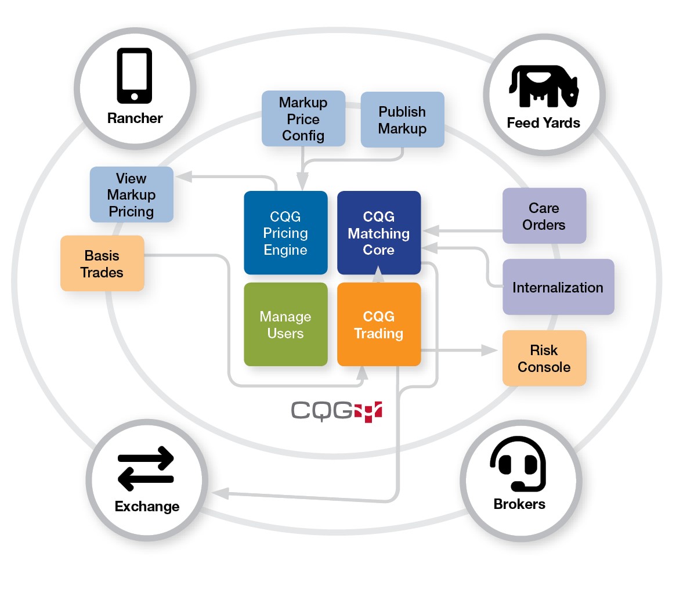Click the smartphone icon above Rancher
(135, 75)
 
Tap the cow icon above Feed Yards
(544, 86)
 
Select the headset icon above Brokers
(518, 464)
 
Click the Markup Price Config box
(303, 119)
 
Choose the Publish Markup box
(402, 120)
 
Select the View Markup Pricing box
(131, 195)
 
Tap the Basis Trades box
(102, 263)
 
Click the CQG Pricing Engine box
(285, 233)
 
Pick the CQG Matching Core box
(378, 233)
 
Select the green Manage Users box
(285, 324)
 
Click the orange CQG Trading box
(378, 324)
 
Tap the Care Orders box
(544, 216)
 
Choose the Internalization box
(558, 287)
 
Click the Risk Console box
(544, 358)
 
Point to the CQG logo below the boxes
(337, 410)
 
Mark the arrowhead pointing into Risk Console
(490, 351)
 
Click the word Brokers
(519, 504)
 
